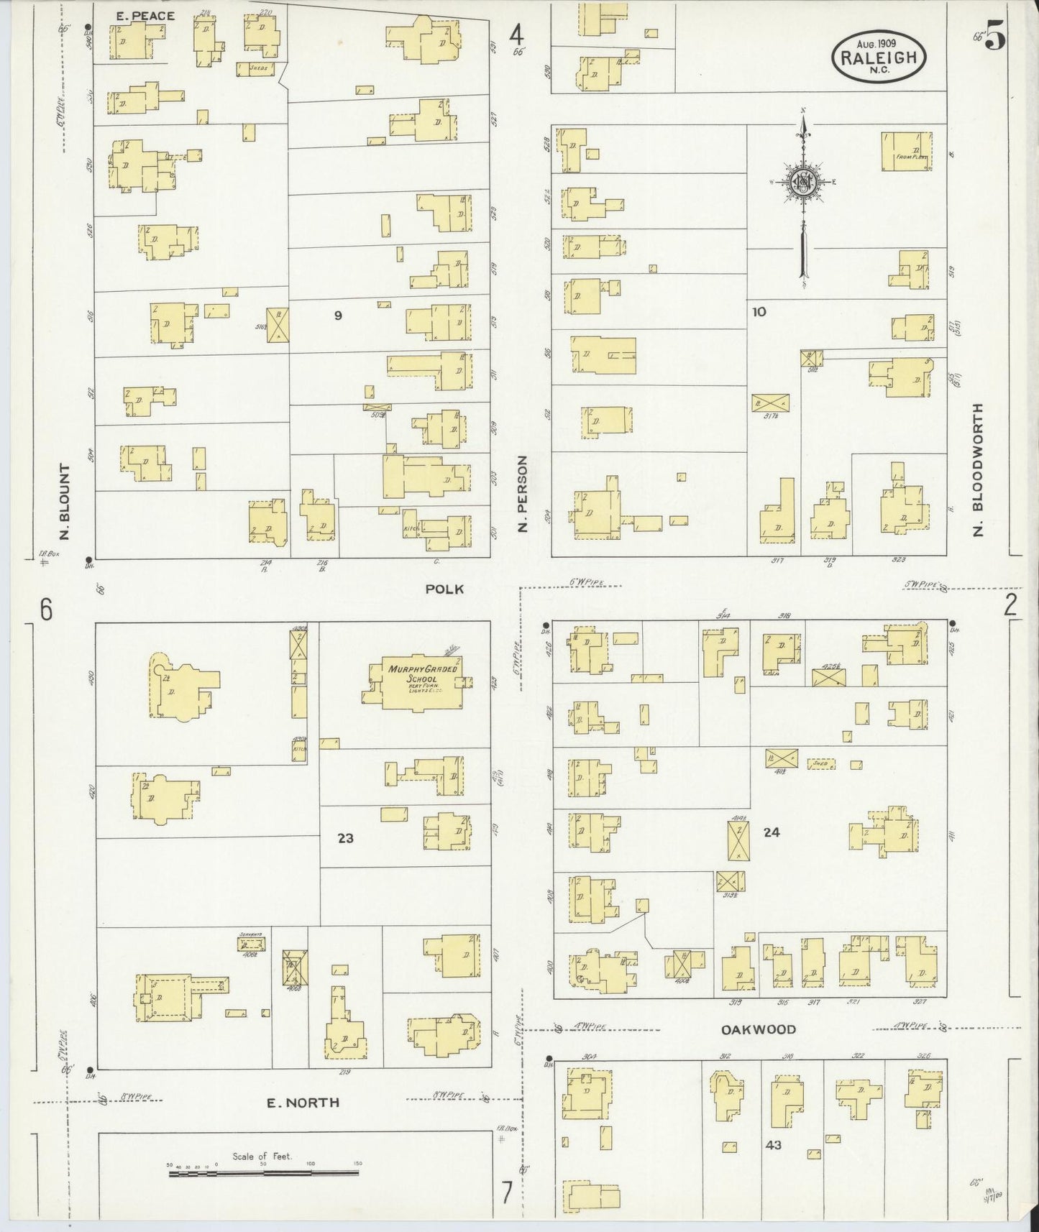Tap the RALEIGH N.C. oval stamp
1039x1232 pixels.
[x=879, y=58]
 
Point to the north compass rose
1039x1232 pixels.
[x=802, y=183]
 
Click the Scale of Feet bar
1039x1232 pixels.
[x=263, y=1173]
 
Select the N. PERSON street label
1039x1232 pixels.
[x=523, y=493]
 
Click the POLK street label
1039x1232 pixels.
[x=444, y=589]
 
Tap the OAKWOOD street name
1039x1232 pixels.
[x=759, y=1029]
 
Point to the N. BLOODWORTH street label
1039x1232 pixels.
[x=977, y=470]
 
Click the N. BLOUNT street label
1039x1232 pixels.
[x=65, y=501]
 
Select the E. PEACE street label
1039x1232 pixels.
[x=145, y=15]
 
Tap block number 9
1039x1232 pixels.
[x=337, y=315]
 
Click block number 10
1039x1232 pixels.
[x=759, y=311]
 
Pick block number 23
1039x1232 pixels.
[x=346, y=838]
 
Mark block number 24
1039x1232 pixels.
[x=772, y=832]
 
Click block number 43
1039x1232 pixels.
[x=774, y=1145]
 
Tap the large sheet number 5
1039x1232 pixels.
[x=995, y=36]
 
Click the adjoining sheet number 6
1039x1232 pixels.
[x=46, y=610]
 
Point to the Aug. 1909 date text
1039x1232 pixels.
[x=879, y=43]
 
